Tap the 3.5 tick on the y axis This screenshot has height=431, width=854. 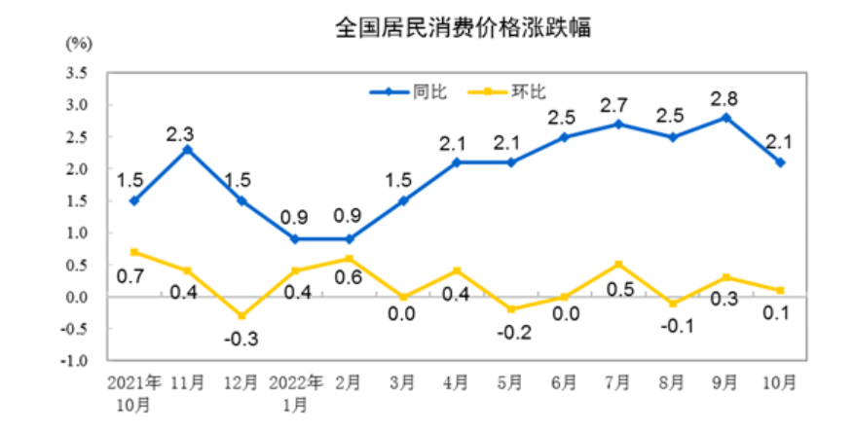tap(76, 73)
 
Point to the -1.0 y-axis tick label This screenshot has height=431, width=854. tap(74, 361)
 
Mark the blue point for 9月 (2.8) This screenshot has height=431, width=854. tap(726, 118)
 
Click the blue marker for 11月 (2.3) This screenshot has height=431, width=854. tap(187, 149)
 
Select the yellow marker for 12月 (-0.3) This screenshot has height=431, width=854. tap(241, 316)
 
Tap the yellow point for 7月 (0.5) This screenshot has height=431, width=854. tap(618, 265)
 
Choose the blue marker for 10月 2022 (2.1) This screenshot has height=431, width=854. tap(780, 162)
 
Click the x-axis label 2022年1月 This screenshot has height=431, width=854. tap(294, 392)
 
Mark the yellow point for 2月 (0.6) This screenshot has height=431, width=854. tap(349, 258)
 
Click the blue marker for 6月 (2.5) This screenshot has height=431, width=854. tap(565, 137)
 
